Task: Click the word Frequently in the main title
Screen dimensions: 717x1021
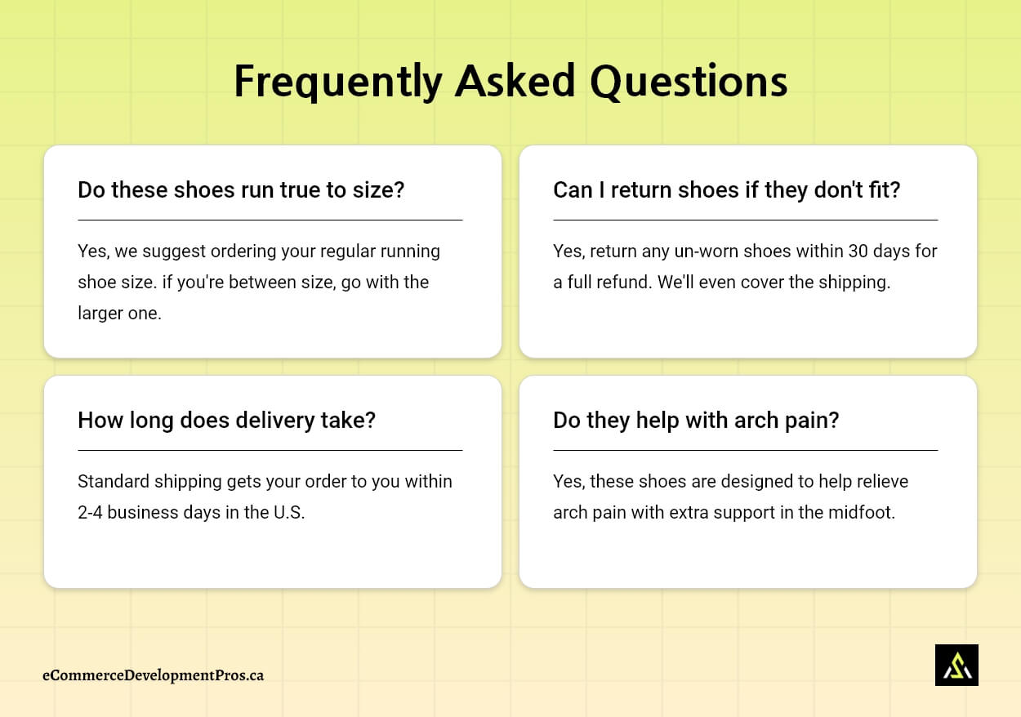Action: (x=337, y=82)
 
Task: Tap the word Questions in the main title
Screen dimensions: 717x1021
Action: (x=688, y=82)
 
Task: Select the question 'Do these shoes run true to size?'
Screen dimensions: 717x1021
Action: (x=241, y=189)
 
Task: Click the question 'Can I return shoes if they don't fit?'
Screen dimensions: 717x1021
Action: (x=726, y=189)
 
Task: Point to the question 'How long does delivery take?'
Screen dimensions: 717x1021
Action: (x=226, y=420)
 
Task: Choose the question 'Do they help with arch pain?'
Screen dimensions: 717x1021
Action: (x=696, y=420)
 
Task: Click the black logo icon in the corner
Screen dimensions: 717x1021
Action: (x=956, y=665)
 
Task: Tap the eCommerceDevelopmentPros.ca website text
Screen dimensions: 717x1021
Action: (x=153, y=675)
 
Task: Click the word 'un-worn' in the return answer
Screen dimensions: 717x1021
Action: (x=694, y=251)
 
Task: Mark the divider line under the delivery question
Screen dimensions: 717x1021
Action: (x=270, y=450)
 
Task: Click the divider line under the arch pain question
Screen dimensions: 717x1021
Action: (x=745, y=450)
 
